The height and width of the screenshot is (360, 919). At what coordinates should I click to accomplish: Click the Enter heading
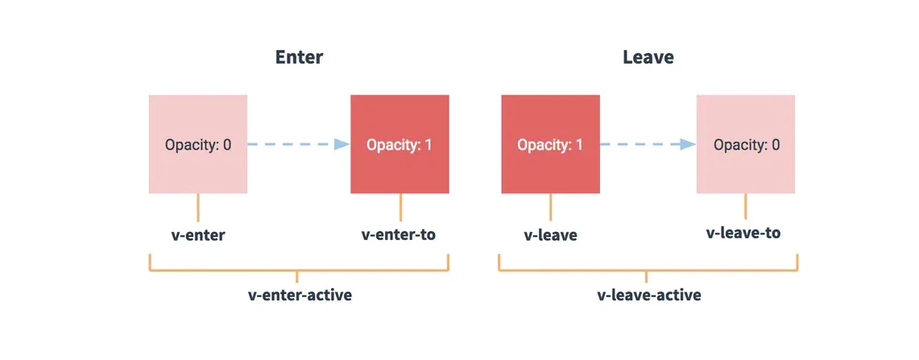pos(299,58)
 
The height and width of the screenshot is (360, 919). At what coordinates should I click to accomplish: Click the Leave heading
pos(648,58)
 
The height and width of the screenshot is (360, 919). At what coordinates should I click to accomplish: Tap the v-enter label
pos(197,236)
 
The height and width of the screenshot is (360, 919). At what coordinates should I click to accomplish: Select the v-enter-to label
pos(399,235)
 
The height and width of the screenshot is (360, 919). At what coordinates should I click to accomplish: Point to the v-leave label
pos(550,236)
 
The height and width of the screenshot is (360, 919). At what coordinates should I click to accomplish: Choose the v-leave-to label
pos(743,234)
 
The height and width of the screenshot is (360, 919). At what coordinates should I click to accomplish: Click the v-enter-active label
pos(299,295)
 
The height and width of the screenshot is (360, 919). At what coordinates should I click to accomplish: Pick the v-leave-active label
pos(648,295)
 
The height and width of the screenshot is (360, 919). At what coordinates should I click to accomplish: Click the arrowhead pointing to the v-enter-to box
pos(342,145)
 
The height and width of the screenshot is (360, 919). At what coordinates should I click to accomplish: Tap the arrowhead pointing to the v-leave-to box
pos(687,145)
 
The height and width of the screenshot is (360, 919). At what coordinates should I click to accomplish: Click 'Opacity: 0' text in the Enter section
pos(198,145)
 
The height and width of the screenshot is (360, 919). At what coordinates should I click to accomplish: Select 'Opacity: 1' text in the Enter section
pos(399,145)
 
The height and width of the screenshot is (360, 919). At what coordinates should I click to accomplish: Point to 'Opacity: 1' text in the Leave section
pos(550,145)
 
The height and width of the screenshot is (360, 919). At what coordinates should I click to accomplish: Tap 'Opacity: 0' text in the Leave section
pos(747,145)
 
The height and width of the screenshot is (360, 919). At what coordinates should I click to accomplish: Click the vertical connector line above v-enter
pos(198,207)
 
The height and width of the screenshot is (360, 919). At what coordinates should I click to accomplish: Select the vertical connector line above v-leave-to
pos(746,205)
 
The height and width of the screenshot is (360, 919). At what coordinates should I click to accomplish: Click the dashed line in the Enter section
pos(290,145)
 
